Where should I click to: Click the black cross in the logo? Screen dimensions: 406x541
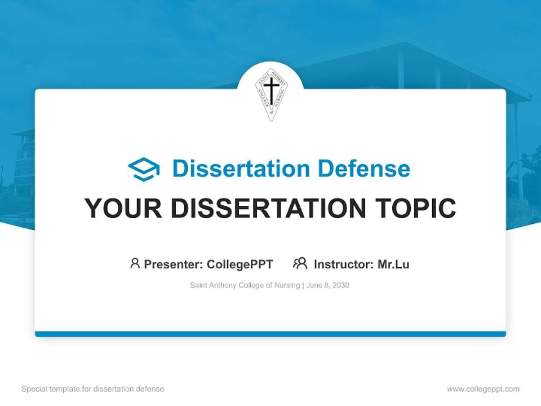click(x=271, y=91)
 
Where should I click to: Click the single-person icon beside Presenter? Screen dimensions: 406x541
click(x=135, y=263)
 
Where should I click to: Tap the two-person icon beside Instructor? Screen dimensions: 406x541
click(x=300, y=263)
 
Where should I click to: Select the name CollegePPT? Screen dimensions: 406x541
click(x=240, y=264)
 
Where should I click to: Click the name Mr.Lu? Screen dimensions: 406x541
click(x=393, y=264)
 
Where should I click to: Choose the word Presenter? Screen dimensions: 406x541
click(x=174, y=264)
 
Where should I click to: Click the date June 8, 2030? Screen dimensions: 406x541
click(x=328, y=285)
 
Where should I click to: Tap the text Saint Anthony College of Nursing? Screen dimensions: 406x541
click(x=246, y=285)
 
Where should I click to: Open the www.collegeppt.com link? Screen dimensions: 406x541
click(x=483, y=389)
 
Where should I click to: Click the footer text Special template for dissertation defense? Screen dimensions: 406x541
click(x=93, y=389)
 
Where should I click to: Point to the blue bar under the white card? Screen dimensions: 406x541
click(x=270, y=334)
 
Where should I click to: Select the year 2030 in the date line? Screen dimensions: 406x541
click(x=340, y=285)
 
